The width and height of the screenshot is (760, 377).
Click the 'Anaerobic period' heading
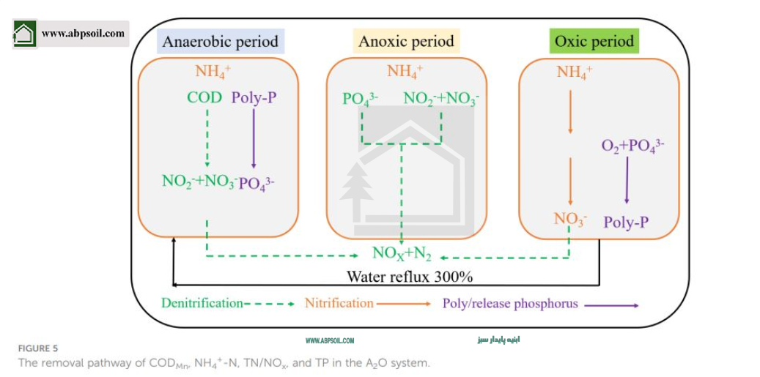[x=221, y=41]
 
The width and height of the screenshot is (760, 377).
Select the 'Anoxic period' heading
[x=406, y=41]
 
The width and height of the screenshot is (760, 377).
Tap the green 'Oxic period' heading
[x=594, y=41]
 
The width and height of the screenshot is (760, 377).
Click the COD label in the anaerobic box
[x=204, y=97]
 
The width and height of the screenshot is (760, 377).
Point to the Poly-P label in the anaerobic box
[x=254, y=97]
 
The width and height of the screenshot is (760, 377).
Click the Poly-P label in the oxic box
[x=626, y=222]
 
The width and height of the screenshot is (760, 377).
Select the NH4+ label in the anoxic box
[x=405, y=72]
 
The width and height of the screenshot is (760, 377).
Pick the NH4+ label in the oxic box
[x=575, y=72]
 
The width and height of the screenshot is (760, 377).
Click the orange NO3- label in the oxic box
[x=570, y=220]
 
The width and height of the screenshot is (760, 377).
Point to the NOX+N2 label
[x=402, y=254]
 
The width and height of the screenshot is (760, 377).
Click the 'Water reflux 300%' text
[x=410, y=277]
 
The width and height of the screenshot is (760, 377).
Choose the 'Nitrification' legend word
[x=339, y=302]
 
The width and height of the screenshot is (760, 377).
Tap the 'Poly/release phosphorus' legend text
[x=510, y=303]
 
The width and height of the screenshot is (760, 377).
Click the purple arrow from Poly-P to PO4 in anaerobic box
[x=254, y=139]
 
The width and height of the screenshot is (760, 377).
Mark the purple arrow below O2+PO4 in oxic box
[x=627, y=179]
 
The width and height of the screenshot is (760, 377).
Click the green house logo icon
[x=24, y=34]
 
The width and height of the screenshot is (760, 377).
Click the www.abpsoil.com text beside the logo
[x=83, y=33]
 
